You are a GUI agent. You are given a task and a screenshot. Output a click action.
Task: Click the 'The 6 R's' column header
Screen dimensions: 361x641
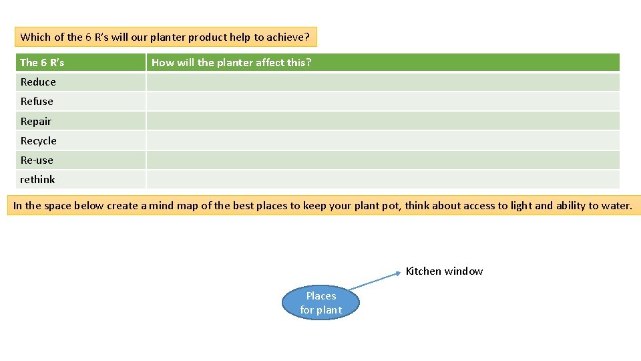(43, 63)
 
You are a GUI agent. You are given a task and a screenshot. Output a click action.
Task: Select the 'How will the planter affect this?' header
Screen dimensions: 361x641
(231, 63)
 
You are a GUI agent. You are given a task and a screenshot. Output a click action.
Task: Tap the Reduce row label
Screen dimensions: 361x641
(39, 82)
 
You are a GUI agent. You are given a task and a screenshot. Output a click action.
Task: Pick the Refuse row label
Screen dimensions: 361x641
(37, 102)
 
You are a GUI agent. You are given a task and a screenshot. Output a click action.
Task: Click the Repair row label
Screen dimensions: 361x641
(36, 122)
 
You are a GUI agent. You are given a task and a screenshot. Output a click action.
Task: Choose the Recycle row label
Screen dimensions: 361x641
(39, 141)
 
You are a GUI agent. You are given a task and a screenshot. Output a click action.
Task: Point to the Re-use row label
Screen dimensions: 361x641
(37, 160)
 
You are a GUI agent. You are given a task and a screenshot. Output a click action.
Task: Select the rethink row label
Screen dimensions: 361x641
(38, 180)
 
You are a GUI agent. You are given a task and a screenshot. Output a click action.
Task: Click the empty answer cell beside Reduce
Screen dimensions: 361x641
(383, 82)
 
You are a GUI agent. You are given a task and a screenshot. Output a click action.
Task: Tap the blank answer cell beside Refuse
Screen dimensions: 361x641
(383, 102)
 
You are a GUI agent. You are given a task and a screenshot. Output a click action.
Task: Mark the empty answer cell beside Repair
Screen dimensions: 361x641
(383, 121)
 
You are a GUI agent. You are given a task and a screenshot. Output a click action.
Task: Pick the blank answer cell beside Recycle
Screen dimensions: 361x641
(383, 140)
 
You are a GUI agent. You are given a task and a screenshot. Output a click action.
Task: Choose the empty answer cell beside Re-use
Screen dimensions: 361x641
(383, 160)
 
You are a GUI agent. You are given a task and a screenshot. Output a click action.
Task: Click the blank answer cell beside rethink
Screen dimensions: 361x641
(383, 180)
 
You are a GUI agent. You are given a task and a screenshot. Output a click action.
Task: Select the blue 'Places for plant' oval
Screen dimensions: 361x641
(320, 303)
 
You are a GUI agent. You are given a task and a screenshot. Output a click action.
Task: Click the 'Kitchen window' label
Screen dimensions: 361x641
(444, 271)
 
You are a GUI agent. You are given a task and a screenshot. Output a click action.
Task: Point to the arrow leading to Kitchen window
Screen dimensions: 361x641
(375, 281)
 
